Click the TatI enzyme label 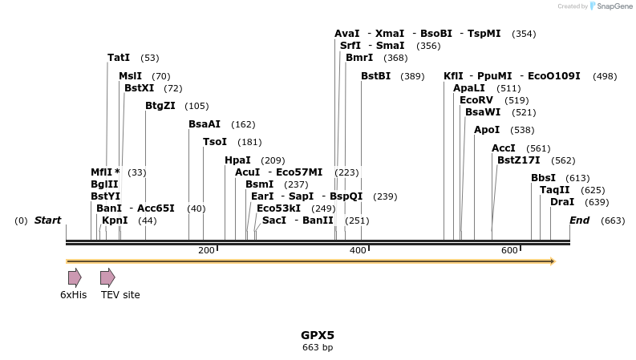(119, 58)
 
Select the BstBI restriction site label (375, 76)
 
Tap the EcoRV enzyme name (476, 100)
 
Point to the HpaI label (237, 160)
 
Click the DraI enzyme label (562, 202)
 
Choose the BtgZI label (160, 106)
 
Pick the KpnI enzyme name (115, 220)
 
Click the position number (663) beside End (613, 220)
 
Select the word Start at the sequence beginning (47, 220)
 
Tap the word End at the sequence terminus (580, 220)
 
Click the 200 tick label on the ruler (206, 251)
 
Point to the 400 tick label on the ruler (358, 251)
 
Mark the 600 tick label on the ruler (509, 251)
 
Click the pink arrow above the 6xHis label (75, 277)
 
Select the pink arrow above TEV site (107, 277)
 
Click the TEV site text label (120, 295)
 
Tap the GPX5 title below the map (318, 335)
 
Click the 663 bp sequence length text (318, 348)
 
